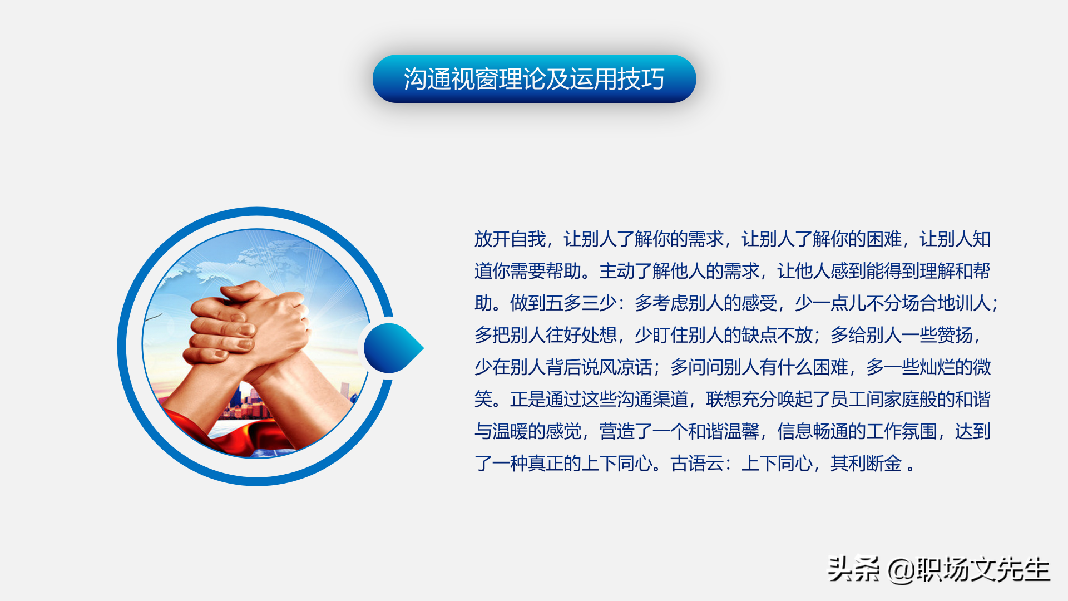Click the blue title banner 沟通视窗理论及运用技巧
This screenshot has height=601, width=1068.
click(x=534, y=78)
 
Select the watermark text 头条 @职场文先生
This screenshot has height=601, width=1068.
click(x=938, y=569)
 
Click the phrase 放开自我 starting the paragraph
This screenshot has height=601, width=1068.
click(x=510, y=239)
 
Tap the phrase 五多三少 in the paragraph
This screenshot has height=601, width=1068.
click(x=581, y=303)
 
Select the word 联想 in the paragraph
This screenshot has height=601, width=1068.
click(x=724, y=400)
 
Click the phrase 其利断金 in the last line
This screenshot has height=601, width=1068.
click(x=866, y=464)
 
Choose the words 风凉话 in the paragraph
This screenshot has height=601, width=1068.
click(x=626, y=367)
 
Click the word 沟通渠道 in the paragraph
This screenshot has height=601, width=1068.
click(x=652, y=400)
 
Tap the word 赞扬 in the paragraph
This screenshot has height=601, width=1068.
click(x=955, y=336)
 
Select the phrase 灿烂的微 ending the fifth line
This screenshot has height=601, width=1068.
click(x=955, y=367)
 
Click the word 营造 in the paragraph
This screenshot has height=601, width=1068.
click(x=617, y=431)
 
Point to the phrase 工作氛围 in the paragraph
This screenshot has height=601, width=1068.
click(x=902, y=431)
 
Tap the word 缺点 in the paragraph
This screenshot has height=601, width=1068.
click(x=759, y=336)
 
